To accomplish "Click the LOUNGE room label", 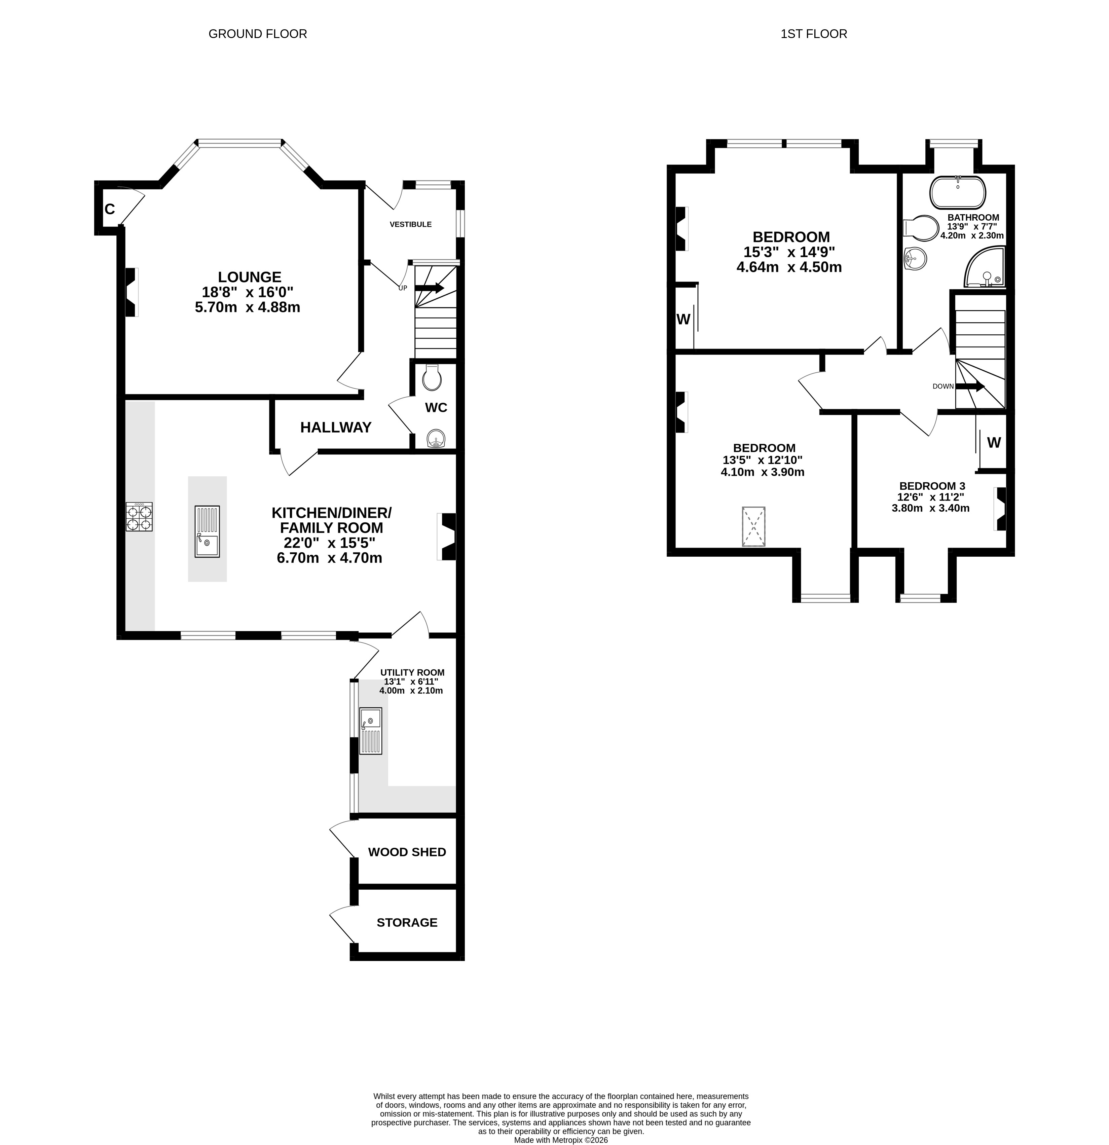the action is [x=250, y=277].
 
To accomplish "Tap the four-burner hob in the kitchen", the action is [x=139, y=516].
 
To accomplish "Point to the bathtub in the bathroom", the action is [x=958, y=192].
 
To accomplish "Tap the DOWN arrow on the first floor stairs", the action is [x=970, y=386].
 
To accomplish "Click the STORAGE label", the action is [x=407, y=922].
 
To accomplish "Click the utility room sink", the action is [x=370, y=731].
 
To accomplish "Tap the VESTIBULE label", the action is [x=411, y=224].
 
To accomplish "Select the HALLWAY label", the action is [x=336, y=428].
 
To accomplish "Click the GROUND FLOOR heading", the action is [x=258, y=34].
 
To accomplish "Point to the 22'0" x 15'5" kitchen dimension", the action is [x=330, y=543].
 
